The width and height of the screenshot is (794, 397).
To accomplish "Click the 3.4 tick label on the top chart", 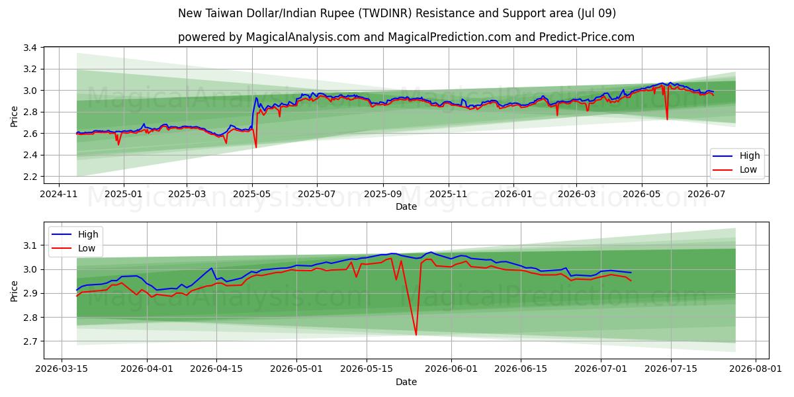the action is point(30,48).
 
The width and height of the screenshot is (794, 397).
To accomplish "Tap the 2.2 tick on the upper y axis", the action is point(30,177).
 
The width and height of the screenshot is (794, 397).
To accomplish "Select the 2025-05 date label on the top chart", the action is point(252,194).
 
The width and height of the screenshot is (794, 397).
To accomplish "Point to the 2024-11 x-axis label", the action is point(59,194).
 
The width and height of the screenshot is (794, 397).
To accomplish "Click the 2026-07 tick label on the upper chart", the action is point(707,194).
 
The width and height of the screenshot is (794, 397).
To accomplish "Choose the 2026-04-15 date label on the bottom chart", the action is point(216,369).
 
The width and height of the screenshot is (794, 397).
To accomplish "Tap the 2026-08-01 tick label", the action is point(756,369).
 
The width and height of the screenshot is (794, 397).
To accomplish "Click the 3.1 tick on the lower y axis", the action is point(30,245).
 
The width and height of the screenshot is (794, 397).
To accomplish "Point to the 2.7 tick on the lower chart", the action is point(30,341).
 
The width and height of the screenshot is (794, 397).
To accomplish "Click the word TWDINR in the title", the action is point(384,13).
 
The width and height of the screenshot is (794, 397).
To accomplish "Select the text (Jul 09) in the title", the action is point(596,13).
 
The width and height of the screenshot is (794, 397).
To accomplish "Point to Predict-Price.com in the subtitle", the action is point(587,37).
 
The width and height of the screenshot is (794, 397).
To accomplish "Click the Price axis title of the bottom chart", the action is point(14,291).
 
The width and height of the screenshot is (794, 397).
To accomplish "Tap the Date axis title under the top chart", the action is point(406,206).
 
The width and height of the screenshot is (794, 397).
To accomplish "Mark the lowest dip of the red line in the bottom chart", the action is point(416,335).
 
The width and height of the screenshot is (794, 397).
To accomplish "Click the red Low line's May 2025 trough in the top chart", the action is point(256,147).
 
